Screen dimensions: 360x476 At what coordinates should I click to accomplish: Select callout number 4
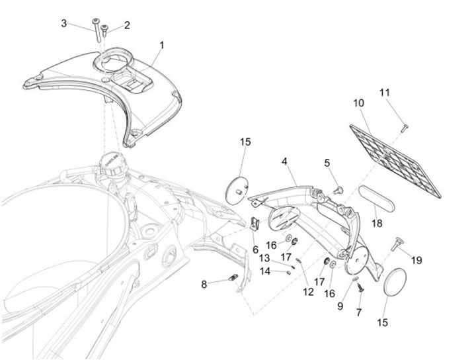point(285,161)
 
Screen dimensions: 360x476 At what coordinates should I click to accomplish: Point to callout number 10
point(358,103)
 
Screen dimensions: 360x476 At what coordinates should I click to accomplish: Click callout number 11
point(385,93)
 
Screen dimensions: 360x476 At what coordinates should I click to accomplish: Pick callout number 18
point(377,224)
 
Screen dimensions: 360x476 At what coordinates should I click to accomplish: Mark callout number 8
point(204,285)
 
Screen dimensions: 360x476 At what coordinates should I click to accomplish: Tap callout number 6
point(255,249)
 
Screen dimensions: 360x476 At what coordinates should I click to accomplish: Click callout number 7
point(360,312)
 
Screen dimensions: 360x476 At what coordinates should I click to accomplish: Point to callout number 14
point(264,271)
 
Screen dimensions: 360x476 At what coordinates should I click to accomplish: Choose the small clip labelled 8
point(233,279)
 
